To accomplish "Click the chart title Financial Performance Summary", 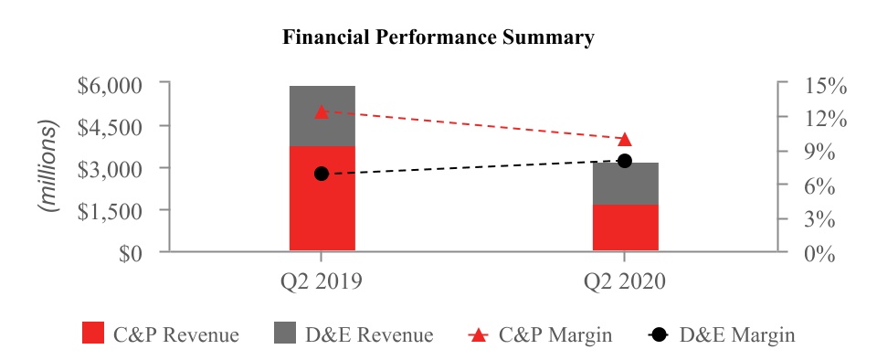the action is pyautogui.click(x=438, y=37).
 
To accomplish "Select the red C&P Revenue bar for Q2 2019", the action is pyautogui.click(x=322, y=198).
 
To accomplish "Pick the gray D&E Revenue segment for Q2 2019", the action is pyautogui.click(x=322, y=116).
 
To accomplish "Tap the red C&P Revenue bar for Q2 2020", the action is pyautogui.click(x=625, y=228).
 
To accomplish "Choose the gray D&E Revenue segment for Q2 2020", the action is pyautogui.click(x=625, y=184).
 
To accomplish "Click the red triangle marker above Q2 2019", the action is pyautogui.click(x=321, y=111).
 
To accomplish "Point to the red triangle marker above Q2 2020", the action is pyautogui.click(x=625, y=139).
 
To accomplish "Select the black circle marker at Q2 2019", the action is pyautogui.click(x=321, y=174).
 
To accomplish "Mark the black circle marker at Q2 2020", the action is pyautogui.click(x=625, y=161).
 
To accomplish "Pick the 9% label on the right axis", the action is pyautogui.click(x=819, y=153).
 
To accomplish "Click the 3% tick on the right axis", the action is pyautogui.click(x=819, y=219).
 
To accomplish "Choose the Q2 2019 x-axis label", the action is pyautogui.click(x=322, y=281).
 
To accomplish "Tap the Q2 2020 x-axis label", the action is pyautogui.click(x=625, y=281).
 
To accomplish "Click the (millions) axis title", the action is pyautogui.click(x=48, y=166).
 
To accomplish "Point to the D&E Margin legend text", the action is pyautogui.click(x=736, y=334).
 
